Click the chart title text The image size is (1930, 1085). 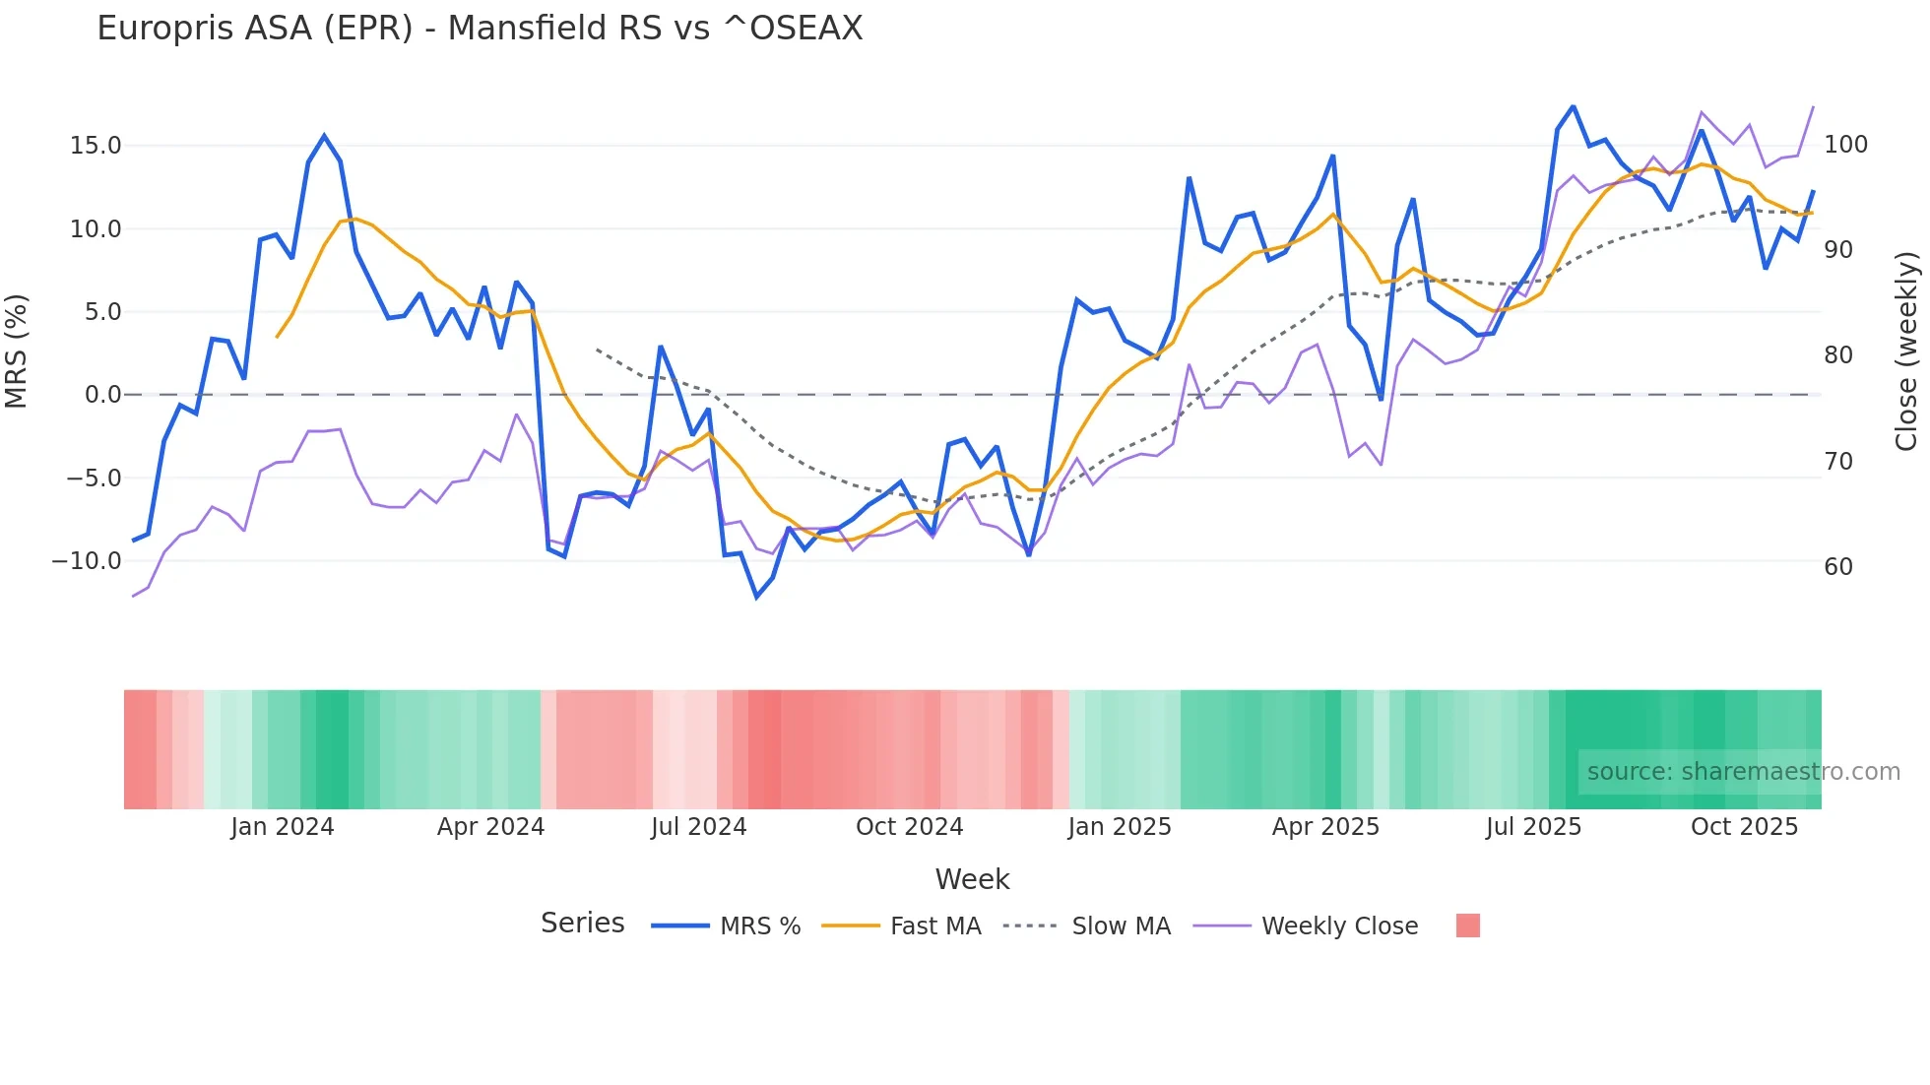[x=480, y=29]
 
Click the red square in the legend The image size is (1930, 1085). [x=1467, y=925]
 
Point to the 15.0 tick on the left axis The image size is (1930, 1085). [x=96, y=146]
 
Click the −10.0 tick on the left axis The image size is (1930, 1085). [x=87, y=561]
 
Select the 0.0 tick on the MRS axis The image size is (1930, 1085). [x=102, y=395]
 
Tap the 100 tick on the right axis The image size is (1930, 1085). [x=1845, y=145]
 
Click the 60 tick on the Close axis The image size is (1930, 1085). [x=1838, y=567]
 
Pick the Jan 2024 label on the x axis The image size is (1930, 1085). [x=283, y=827]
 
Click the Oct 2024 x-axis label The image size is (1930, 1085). [x=909, y=827]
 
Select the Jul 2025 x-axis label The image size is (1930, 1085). [x=1533, y=827]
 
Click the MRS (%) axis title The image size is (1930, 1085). [x=17, y=351]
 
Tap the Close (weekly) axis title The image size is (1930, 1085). [x=1906, y=351]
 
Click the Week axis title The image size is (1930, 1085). [x=972, y=879]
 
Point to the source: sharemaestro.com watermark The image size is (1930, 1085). [x=1743, y=772]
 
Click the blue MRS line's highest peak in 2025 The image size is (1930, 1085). [x=1573, y=106]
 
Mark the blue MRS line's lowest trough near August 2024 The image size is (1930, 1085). [x=756, y=597]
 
